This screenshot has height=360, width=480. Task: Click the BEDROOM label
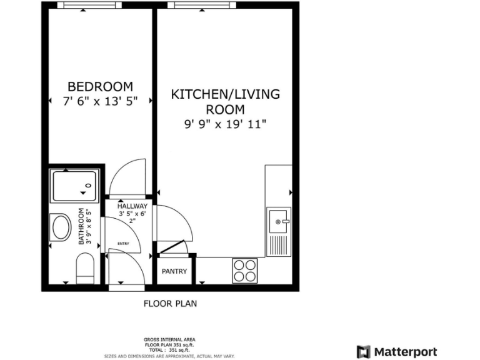coord(101,86)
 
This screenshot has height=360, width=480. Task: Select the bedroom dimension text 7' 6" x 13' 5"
coord(101,100)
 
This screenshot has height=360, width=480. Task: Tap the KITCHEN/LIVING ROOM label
coord(226,102)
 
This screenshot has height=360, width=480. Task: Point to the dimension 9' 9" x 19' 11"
coord(226,124)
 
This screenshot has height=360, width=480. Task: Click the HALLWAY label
coord(132,206)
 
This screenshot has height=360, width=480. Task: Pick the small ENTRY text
coord(123,244)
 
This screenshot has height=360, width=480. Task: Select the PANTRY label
coord(174,271)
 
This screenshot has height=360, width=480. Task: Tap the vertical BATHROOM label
coord(81,226)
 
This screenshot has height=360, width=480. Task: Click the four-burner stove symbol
coord(244,271)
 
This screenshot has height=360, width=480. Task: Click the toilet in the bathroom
coord(84,267)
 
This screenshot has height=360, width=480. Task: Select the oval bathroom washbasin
coord(62,227)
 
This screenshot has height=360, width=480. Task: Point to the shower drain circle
coord(88,186)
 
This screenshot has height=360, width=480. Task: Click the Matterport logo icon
coord(363,352)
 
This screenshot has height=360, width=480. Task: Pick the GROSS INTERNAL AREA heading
coord(169,340)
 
